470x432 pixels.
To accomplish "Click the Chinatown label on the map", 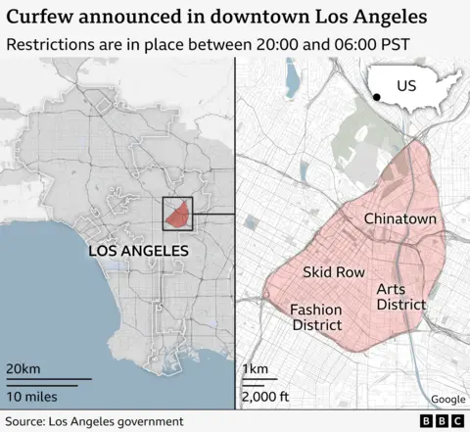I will click(x=399, y=219).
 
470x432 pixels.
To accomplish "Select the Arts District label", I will click(x=401, y=297).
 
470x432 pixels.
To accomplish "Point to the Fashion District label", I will click(x=316, y=317).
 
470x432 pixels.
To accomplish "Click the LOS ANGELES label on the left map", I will click(x=138, y=252).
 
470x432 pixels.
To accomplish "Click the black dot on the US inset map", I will click(x=377, y=96).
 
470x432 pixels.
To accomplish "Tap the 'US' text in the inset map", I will click(x=406, y=86).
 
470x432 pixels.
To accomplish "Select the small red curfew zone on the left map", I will click(x=176, y=213).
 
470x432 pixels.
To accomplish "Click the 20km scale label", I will click(x=24, y=367).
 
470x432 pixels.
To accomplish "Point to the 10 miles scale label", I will click(x=31, y=397).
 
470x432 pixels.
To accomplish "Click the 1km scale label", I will click(x=255, y=367).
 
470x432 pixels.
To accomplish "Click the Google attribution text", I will click(x=447, y=399).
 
